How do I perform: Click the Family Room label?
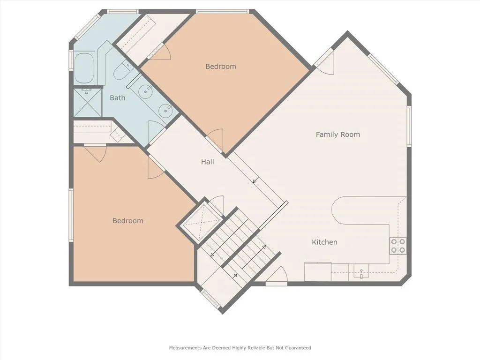point(337,135)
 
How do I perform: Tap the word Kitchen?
point(324,242)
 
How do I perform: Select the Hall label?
point(207,162)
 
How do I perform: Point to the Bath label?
point(117,98)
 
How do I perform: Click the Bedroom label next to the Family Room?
point(220,67)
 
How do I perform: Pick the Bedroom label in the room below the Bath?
point(127,221)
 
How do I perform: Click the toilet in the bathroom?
point(120,71)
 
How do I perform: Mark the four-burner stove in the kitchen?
point(397,245)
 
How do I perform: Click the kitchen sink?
point(361,270)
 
